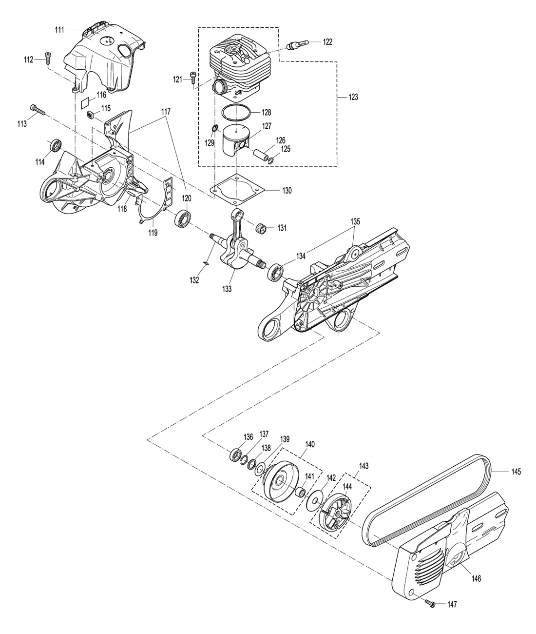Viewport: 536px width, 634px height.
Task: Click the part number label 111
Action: click(59, 30)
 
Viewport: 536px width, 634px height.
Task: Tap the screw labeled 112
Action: click(48, 58)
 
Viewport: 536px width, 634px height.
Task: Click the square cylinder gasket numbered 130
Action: click(237, 189)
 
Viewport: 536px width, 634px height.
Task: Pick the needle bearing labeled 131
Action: click(262, 228)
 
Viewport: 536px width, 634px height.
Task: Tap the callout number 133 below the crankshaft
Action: click(227, 289)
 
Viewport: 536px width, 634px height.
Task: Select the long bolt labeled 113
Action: click(38, 110)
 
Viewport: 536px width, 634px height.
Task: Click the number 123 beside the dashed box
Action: click(353, 97)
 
